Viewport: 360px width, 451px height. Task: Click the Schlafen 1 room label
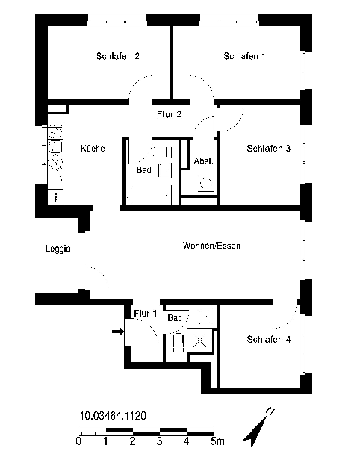pos(244,56)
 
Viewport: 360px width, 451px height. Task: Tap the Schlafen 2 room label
pos(118,56)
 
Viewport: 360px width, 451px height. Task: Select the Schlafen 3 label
pos(268,149)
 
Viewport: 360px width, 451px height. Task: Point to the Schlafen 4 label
pos(268,340)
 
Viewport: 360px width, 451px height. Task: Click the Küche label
pos(93,149)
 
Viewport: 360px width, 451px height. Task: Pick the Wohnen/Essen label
pos(211,246)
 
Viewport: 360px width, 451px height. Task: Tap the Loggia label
pos(58,249)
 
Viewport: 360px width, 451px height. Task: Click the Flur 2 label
pos(170,114)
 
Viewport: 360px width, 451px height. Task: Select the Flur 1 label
pos(146,314)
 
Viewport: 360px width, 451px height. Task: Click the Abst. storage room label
pos(204,161)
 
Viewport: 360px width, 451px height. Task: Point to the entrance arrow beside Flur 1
pos(118,332)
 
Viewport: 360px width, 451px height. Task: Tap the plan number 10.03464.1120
pos(113,416)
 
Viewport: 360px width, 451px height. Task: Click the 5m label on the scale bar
pos(217,441)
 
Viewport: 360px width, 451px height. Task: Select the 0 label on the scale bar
pos(78,441)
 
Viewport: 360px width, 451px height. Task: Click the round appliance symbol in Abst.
pos(206,184)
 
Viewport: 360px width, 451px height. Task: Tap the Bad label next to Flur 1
pos(175,318)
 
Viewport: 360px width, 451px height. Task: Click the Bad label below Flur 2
pos(144,170)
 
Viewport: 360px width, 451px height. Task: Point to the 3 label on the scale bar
pos(159,441)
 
